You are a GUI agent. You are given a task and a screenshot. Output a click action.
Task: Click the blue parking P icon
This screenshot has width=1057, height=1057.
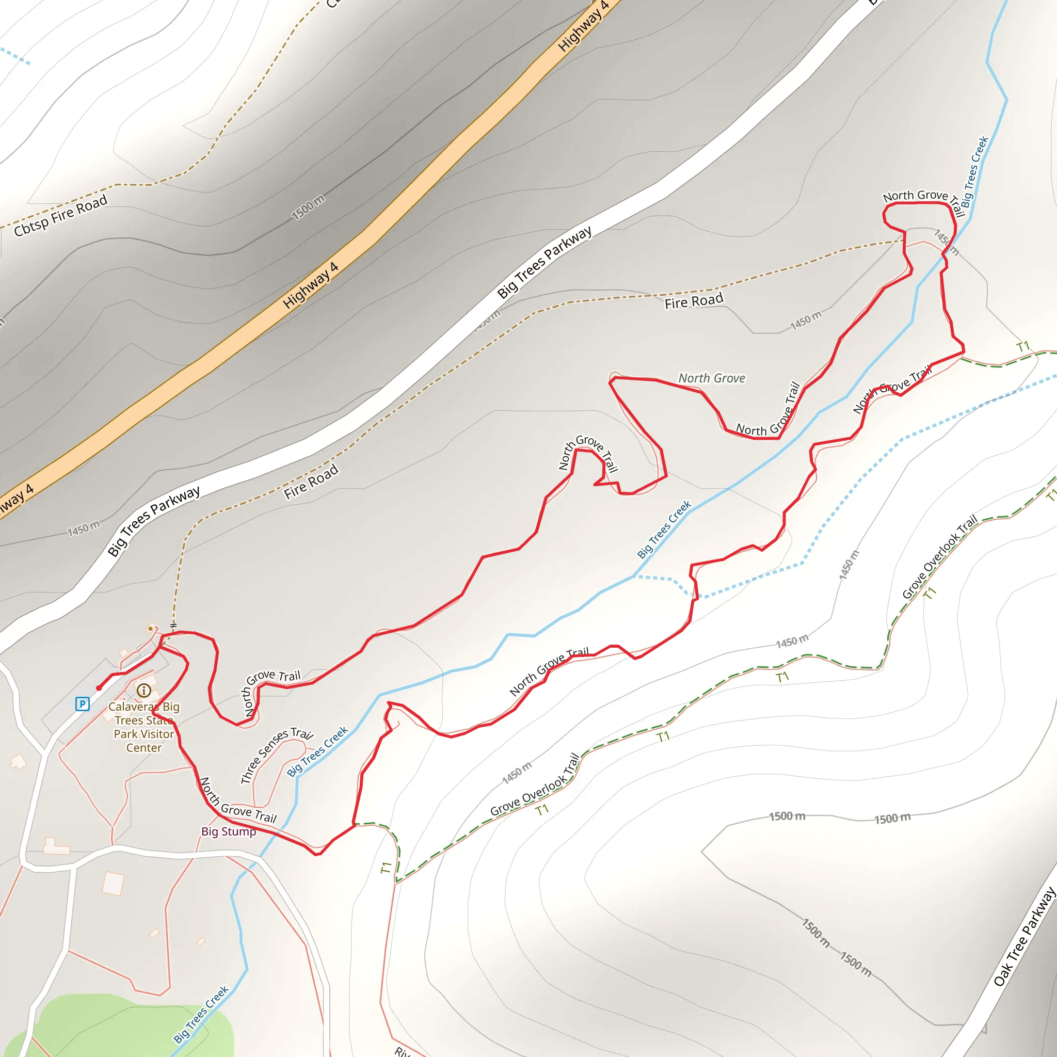click(82, 703)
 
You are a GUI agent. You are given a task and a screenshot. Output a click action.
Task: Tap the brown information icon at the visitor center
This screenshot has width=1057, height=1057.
click(144, 691)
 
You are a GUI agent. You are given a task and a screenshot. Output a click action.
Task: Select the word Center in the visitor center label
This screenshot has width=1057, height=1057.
click(144, 748)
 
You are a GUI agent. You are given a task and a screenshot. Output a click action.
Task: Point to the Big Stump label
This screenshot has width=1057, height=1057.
click(228, 831)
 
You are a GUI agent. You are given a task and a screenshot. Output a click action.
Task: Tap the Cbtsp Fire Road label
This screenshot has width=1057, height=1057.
click(60, 216)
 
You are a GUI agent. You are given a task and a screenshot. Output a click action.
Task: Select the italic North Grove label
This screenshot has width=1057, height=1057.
click(712, 378)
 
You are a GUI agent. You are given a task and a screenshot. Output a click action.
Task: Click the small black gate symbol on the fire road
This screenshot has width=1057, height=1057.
click(173, 625)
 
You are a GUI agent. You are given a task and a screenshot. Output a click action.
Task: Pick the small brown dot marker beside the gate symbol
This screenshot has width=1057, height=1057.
click(151, 629)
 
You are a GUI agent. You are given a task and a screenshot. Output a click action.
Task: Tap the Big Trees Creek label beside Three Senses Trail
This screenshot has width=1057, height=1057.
click(317, 751)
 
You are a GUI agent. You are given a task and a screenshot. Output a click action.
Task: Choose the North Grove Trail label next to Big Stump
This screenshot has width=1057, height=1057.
click(238, 801)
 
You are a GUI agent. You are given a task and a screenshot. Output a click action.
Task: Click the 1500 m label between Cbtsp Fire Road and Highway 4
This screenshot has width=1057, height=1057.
click(308, 207)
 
